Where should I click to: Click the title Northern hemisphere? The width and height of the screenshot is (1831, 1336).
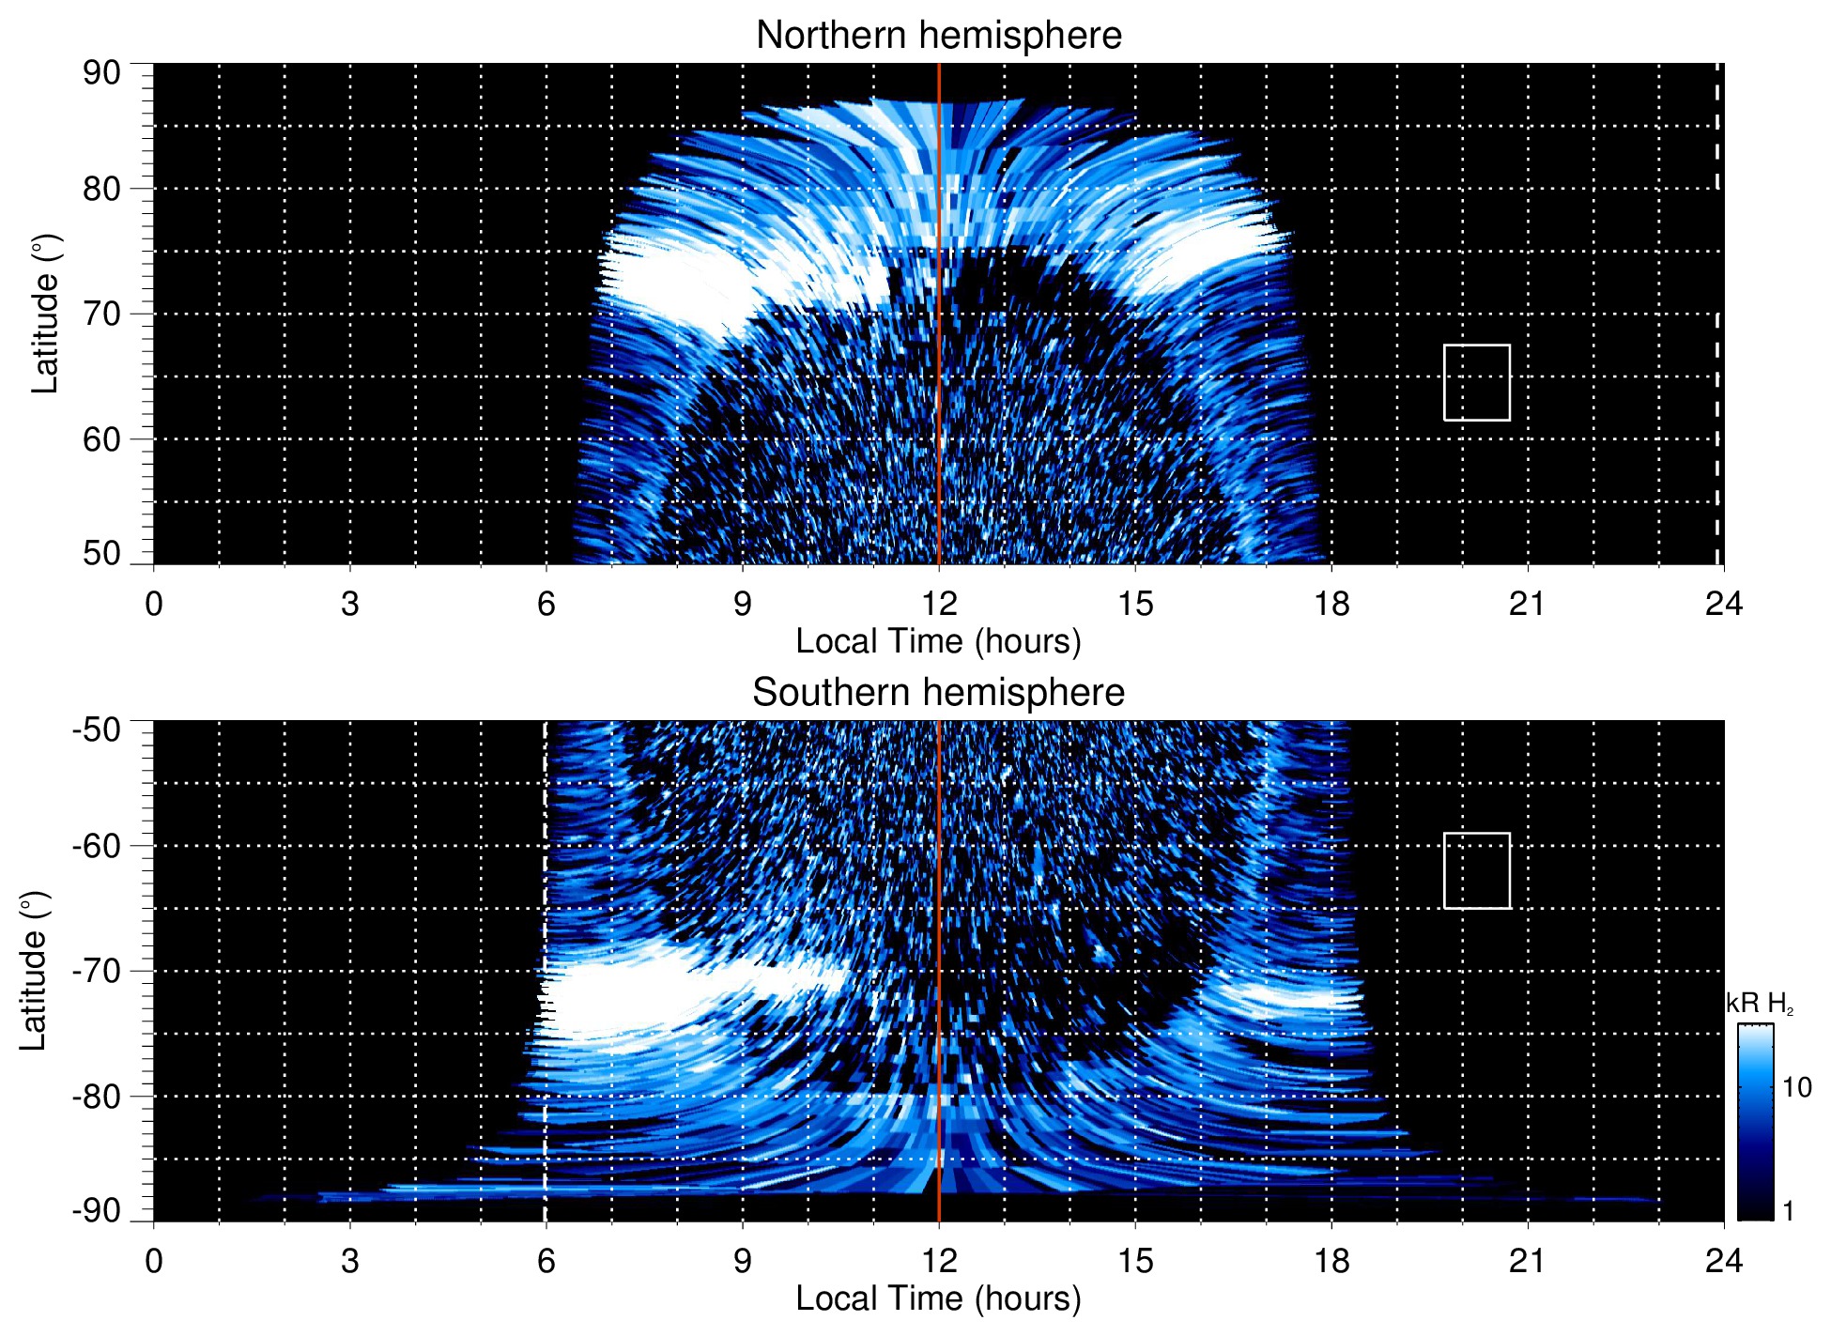point(938,36)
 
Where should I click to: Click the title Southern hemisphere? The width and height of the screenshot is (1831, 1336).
point(938,693)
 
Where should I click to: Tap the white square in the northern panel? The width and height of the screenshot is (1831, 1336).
point(1477,383)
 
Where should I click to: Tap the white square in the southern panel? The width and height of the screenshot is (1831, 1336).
point(1477,870)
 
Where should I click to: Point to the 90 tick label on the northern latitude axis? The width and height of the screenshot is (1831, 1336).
point(101,73)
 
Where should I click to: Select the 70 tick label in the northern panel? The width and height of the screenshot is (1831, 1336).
point(101,314)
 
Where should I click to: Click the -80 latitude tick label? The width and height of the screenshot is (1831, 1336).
point(97,1096)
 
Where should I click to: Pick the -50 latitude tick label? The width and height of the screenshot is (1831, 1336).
point(97,729)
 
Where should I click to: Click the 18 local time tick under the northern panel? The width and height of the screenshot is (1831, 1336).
point(1331,604)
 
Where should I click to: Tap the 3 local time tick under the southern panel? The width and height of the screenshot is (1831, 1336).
point(350,1261)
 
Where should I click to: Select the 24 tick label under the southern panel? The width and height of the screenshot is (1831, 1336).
point(1723,1261)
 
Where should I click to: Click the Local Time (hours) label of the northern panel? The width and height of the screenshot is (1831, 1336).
point(938,641)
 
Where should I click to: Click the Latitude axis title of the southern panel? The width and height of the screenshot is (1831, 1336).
point(34,971)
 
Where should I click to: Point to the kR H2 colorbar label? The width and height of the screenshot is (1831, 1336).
point(1760,1004)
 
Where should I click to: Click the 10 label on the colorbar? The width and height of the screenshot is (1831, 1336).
point(1796,1087)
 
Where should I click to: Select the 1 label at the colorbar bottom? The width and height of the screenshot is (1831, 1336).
point(1788,1210)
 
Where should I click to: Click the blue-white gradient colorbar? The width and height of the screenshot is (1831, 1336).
point(1754,1122)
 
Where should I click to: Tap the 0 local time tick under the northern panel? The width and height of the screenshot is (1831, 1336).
point(154,604)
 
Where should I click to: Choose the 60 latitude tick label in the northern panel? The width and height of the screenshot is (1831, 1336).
point(101,439)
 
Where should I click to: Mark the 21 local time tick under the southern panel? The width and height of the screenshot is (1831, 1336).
point(1527,1261)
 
